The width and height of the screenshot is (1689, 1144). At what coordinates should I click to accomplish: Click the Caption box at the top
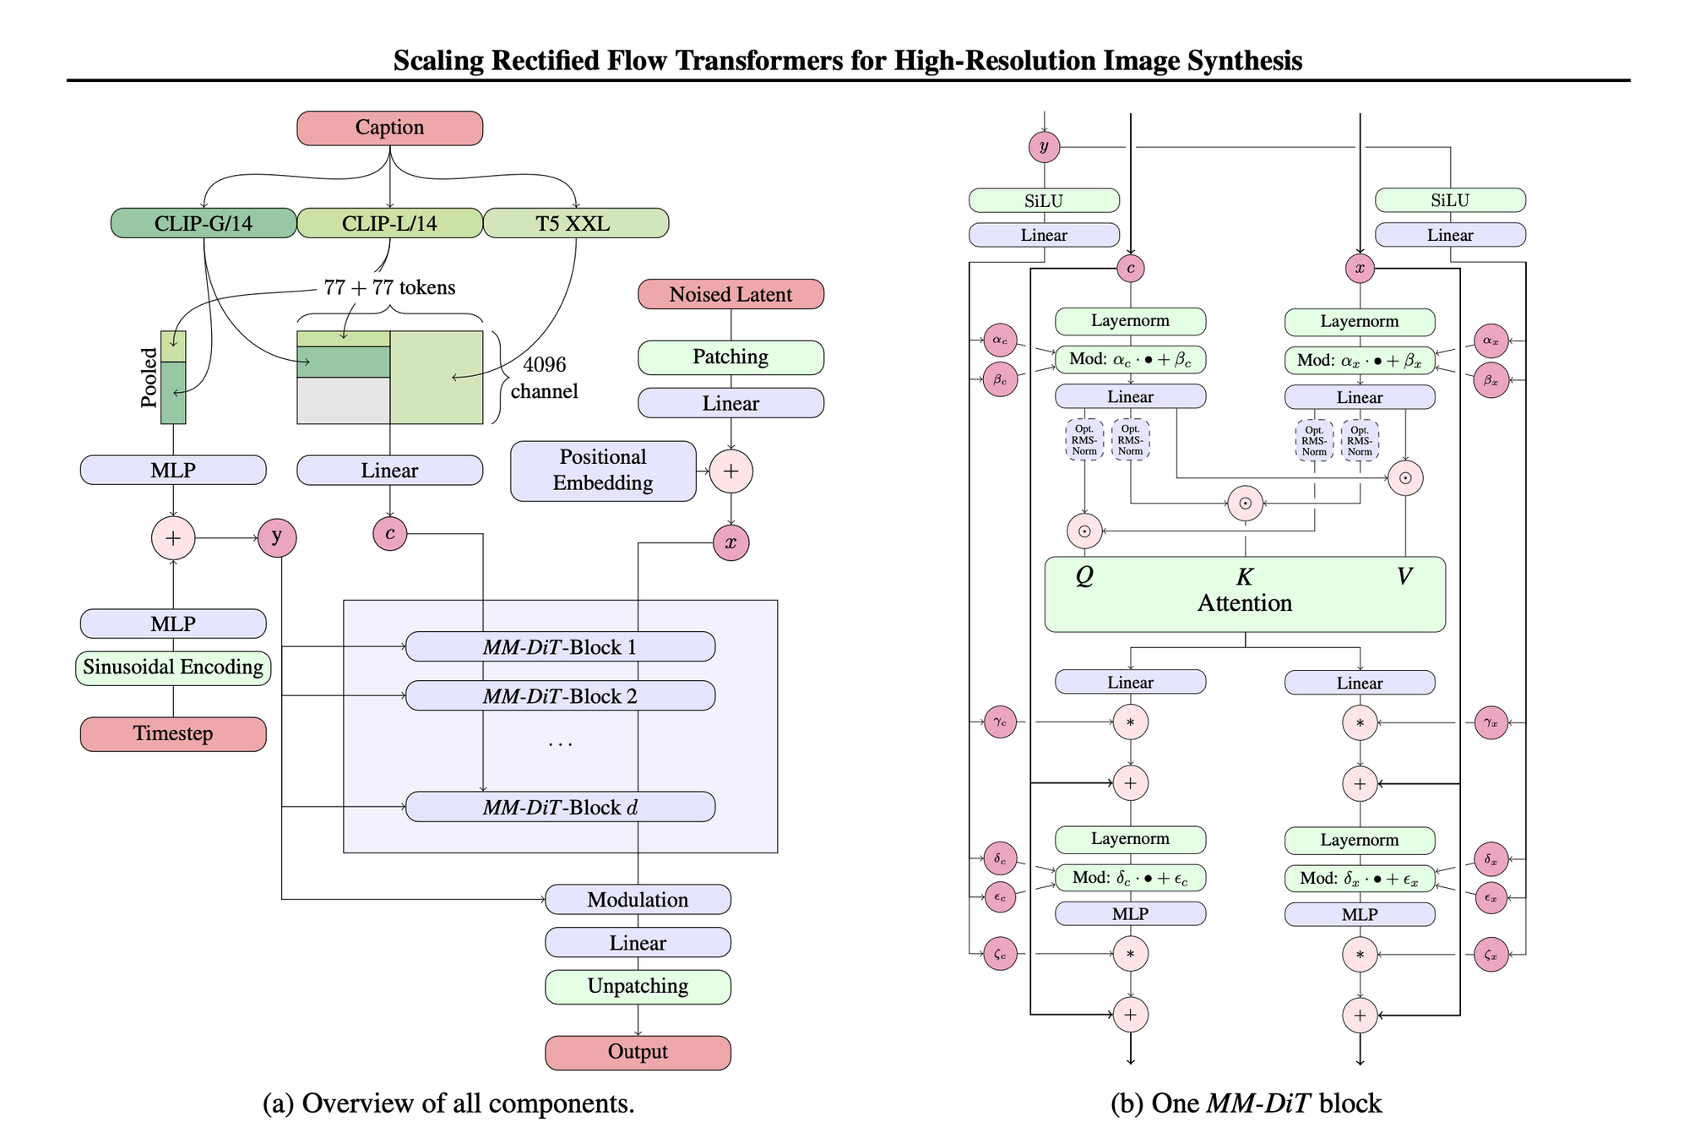[x=389, y=128]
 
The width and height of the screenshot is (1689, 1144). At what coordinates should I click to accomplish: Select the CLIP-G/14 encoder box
[x=204, y=224]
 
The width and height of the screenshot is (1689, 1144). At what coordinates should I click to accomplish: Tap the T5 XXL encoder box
[x=575, y=224]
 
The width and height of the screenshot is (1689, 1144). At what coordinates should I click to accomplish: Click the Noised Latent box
[x=730, y=295]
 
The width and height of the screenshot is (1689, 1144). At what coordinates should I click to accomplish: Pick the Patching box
[x=730, y=357]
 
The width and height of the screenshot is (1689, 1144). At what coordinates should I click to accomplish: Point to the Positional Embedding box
[x=603, y=471]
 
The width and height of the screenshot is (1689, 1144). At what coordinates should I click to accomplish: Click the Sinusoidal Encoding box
[x=173, y=667]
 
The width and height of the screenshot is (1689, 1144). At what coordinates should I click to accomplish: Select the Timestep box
[x=173, y=733]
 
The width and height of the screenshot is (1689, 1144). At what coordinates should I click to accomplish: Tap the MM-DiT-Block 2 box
[x=560, y=696]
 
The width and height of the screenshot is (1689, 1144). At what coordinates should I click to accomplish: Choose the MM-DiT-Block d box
[x=560, y=808]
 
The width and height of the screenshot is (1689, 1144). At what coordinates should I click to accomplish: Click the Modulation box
[x=638, y=900]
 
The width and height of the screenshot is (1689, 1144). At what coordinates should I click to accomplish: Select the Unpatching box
[x=638, y=987]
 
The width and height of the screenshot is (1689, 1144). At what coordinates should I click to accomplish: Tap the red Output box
[x=638, y=1053]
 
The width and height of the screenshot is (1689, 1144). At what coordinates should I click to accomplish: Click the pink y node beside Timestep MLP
[x=277, y=537]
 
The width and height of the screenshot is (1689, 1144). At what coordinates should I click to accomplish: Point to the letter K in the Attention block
[x=1245, y=577]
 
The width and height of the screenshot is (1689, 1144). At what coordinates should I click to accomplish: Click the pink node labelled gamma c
[x=1000, y=722]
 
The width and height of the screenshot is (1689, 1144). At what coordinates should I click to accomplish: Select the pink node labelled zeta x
[x=1491, y=955]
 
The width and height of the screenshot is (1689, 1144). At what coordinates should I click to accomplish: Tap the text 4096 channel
[x=545, y=378]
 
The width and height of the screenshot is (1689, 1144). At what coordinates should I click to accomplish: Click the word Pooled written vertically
[x=149, y=378]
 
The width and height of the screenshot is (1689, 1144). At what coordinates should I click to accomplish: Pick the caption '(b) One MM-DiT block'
[x=1246, y=1103]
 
